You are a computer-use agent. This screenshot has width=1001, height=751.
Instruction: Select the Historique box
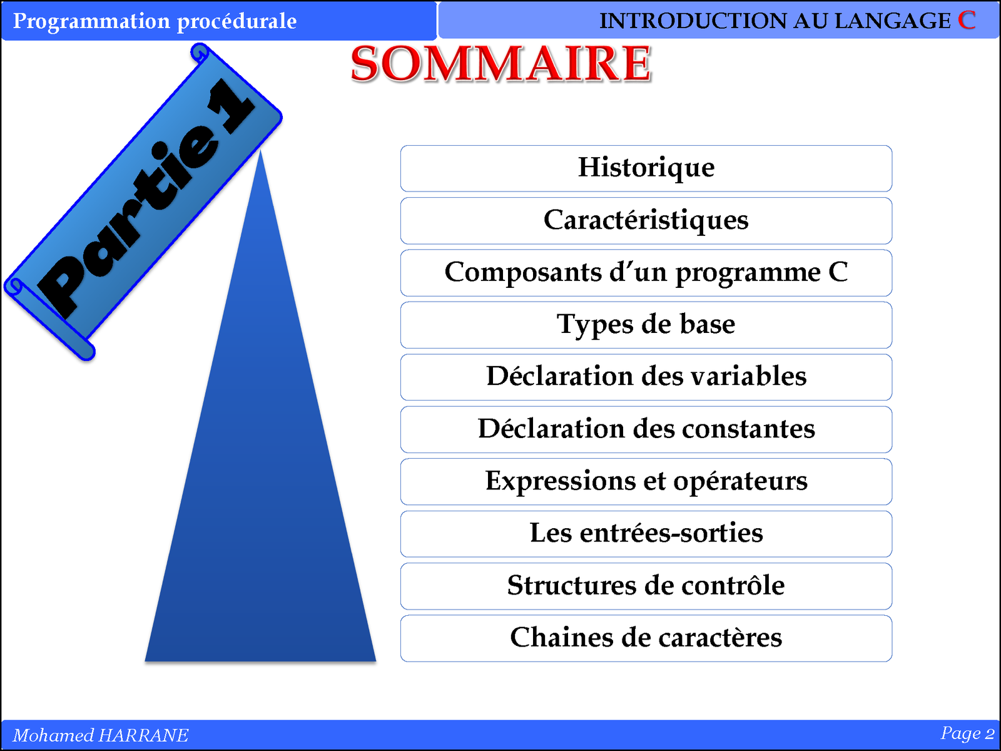point(646,168)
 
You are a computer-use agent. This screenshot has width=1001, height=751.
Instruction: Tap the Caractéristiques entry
point(646,221)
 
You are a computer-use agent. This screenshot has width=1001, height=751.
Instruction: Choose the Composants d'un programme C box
point(646,273)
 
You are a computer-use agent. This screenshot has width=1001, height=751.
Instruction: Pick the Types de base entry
point(646,325)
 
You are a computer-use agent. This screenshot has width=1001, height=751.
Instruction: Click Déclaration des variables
point(646,377)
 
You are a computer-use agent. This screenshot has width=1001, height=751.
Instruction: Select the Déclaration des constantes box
point(646,429)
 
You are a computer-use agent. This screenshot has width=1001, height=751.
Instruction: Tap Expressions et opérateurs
point(646,481)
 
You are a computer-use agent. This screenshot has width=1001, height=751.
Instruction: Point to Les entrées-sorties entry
point(646,534)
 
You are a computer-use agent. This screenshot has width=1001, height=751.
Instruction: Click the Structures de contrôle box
point(646,586)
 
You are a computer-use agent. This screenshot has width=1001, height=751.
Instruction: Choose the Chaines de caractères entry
point(646,638)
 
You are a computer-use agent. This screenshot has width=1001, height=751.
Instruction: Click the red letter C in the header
point(967,21)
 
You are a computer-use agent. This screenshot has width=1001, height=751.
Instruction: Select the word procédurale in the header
point(236,22)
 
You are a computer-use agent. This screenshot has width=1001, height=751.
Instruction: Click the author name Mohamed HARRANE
point(100,735)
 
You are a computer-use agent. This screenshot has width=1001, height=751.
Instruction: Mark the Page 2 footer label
point(967,733)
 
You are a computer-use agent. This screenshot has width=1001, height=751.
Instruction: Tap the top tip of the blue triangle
point(260,151)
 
